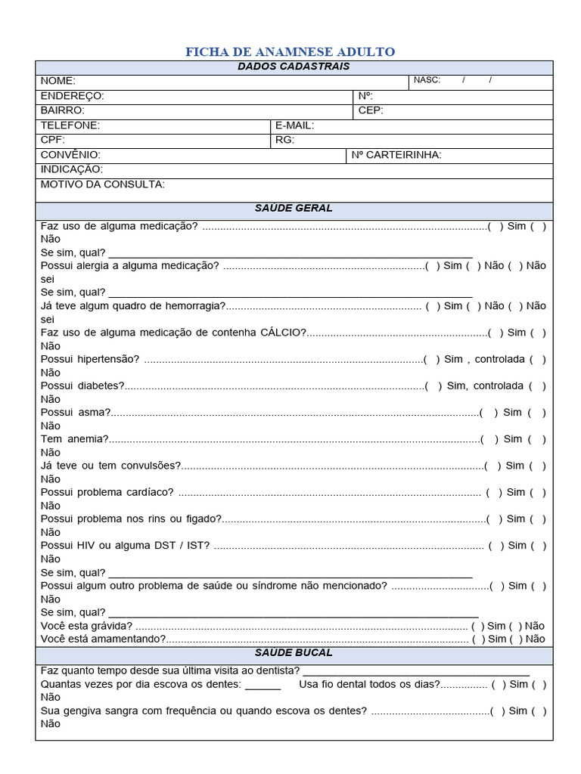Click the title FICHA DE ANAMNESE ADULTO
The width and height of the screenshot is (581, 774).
tap(290, 52)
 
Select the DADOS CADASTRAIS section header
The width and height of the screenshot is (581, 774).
tap(294, 67)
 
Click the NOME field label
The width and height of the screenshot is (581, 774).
tap(58, 81)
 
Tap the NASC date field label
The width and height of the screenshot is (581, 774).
tap(427, 80)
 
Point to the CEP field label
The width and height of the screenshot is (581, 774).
tap(371, 110)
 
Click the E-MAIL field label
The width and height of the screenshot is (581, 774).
tap(294, 125)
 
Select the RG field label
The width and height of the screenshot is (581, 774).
tap(284, 140)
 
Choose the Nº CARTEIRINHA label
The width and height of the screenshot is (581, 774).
tap(396, 155)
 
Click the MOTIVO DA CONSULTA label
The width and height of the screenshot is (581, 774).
tap(102, 184)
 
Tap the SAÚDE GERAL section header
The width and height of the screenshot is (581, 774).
tap(294, 208)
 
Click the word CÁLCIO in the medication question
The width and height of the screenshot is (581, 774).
tap(283, 333)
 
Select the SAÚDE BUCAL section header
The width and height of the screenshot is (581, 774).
tap(294, 652)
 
